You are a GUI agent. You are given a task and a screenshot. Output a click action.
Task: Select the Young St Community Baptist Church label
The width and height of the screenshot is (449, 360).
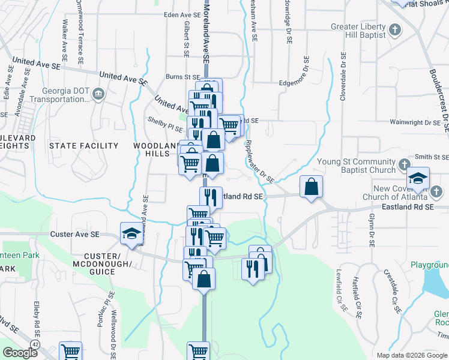356,166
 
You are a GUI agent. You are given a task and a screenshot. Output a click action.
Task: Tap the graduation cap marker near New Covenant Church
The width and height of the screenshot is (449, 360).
417,178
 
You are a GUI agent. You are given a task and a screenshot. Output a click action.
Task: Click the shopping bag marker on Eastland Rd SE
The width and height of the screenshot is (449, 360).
311,187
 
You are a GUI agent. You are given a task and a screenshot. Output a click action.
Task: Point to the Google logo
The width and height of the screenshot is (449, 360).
20,353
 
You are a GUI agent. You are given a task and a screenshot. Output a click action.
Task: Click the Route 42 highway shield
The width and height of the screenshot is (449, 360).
36,344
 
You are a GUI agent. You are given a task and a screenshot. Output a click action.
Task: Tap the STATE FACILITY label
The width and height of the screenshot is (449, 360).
83,146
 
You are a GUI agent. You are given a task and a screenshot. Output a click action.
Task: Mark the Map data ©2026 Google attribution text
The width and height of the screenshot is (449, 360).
411,355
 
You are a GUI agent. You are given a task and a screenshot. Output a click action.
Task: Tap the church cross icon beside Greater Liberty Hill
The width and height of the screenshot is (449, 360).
395,28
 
